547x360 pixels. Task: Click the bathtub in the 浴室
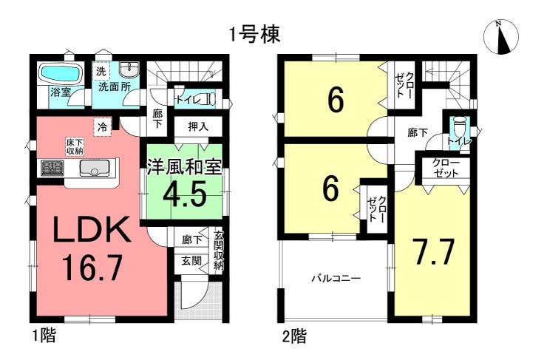pyautogui.click(x=61, y=72)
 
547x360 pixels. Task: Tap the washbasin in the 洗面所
pyautogui.click(x=129, y=69)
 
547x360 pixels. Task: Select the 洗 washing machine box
pyautogui.click(x=101, y=72)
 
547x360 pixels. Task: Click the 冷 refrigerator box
pyautogui.click(x=102, y=127)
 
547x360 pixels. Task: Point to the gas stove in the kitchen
pyautogui.click(x=52, y=168)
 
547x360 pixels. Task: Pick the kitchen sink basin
pyautogui.click(x=95, y=168)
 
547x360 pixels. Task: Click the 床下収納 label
pyautogui.click(x=75, y=146)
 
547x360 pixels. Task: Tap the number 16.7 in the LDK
pyautogui.click(x=92, y=268)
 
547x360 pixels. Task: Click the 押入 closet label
pyautogui.click(x=198, y=126)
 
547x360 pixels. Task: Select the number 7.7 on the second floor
pyautogui.click(x=433, y=251)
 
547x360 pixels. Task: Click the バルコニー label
pyautogui.click(x=336, y=279)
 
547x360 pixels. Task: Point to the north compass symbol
pyautogui.click(x=501, y=37)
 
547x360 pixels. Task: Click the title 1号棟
pyautogui.click(x=255, y=35)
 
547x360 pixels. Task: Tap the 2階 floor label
pyautogui.click(x=294, y=336)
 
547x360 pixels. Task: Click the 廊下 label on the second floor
pyautogui.click(x=418, y=132)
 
